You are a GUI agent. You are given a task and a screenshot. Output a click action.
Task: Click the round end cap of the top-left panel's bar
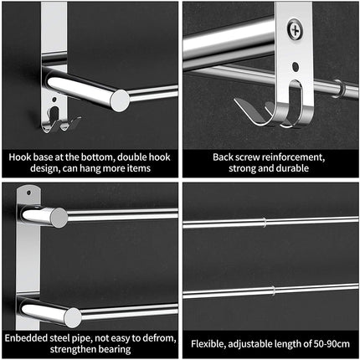(120, 100)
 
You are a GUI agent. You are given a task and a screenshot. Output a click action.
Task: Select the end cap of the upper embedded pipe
(59, 218)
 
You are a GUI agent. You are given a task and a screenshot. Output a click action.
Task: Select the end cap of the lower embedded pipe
(73, 316)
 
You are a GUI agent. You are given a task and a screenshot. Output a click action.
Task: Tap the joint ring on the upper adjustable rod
(265, 223)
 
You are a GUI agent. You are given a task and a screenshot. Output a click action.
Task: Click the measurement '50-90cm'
(329, 342)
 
